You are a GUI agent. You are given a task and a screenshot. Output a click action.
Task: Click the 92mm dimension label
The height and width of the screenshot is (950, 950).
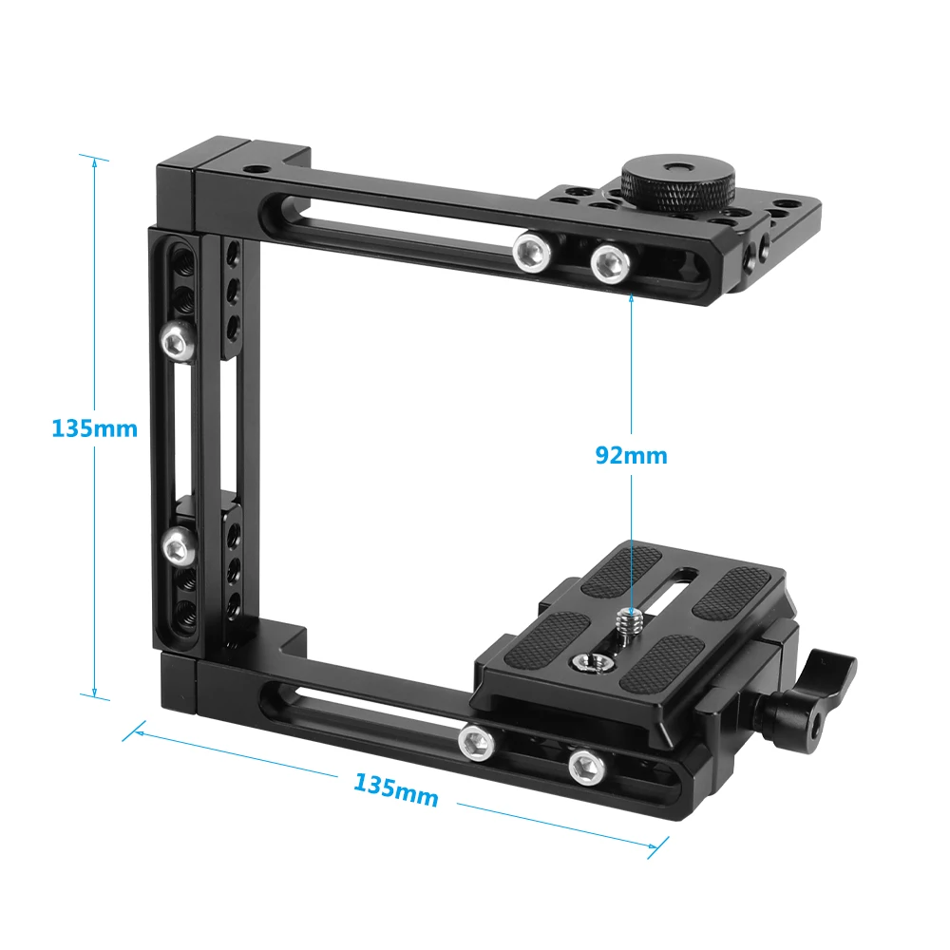(631, 455)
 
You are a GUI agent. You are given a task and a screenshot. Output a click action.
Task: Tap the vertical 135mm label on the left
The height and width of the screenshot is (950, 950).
(94, 428)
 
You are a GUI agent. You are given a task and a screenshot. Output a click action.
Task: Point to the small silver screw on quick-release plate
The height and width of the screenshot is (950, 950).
(628, 624)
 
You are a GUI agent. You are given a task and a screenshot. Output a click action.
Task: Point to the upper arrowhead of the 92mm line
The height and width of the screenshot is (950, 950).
(631, 297)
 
